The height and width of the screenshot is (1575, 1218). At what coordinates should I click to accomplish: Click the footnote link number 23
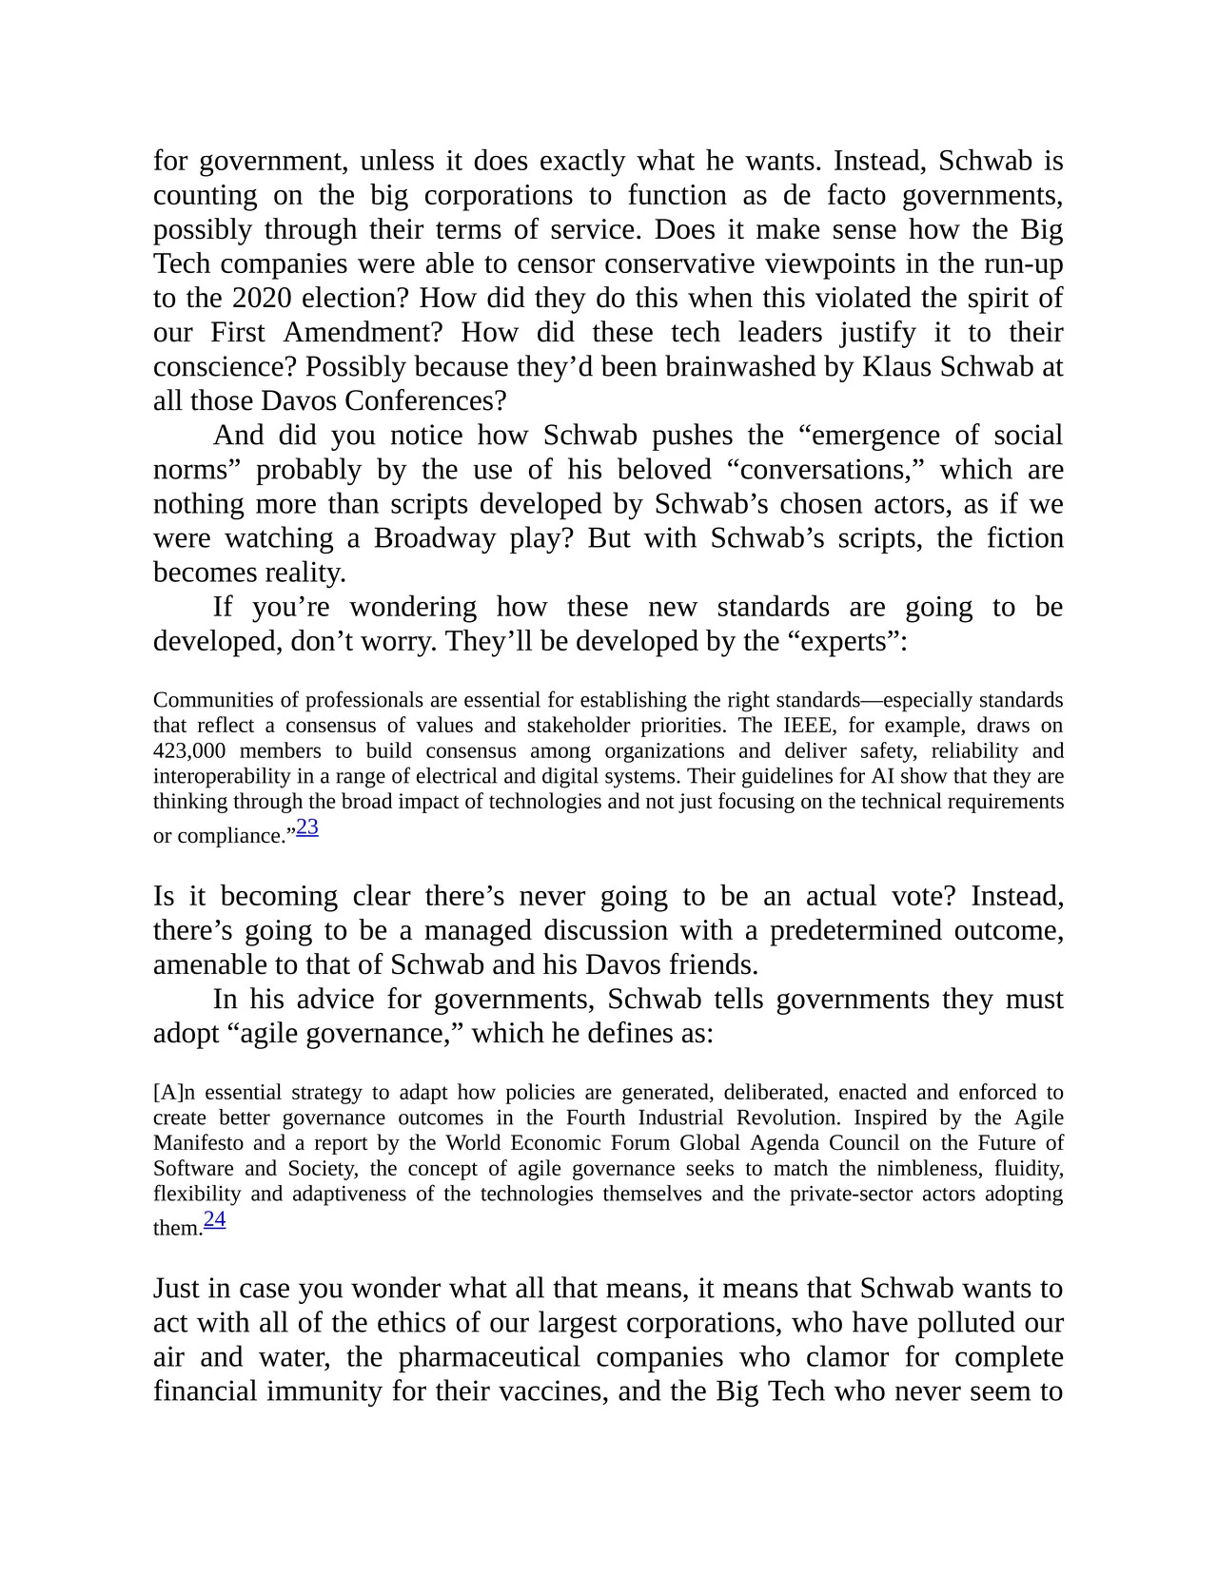point(307,827)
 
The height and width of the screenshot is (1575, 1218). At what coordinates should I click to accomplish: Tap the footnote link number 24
point(215,1219)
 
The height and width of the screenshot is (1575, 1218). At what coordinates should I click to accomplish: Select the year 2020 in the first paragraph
point(263,299)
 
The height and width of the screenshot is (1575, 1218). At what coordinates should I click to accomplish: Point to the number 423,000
point(189,751)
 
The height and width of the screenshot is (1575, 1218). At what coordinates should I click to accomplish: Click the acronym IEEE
point(809,726)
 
